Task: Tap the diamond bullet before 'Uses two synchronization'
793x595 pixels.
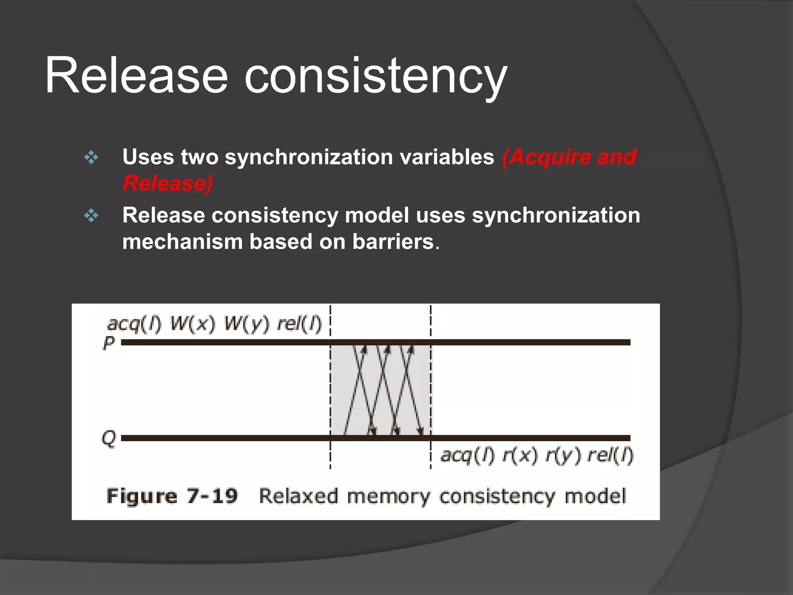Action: point(91,157)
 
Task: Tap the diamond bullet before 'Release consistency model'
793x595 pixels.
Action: point(91,215)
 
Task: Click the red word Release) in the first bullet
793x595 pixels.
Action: point(168,184)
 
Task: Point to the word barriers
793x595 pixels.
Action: point(393,242)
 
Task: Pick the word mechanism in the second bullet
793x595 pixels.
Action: point(182,242)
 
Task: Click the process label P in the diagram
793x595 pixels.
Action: point(109,343)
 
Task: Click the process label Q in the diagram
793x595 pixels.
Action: point(109,439)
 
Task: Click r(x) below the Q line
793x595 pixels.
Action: point(520,456)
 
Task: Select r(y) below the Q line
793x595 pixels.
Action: point(563,456)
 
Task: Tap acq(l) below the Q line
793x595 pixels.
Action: point(468,456)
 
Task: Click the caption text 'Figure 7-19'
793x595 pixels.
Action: point(172,496)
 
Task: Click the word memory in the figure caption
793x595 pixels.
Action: point(388,497)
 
